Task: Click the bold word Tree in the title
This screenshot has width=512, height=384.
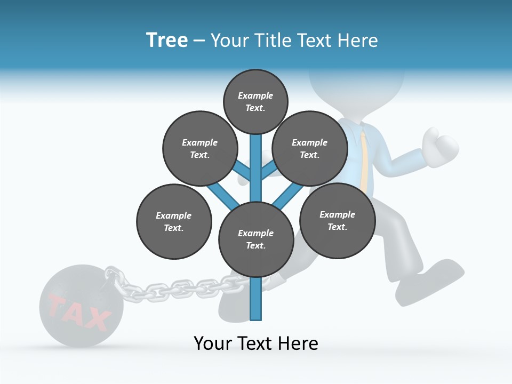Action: pyautogui.click(x=167, y=40)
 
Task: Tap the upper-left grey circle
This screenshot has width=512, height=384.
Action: pyautogui.click(x=199, y=148)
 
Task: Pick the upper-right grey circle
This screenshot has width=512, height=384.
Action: pyautogui.click(x=310, y=148)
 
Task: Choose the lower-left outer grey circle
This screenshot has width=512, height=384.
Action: pyautogui.click(x=174, y=221)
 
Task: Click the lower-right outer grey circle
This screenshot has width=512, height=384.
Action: pyautogui.click(x=337, y=220)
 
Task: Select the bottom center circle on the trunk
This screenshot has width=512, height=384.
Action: pyautogui.click(x=256, y=239)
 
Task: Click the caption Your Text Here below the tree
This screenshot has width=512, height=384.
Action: pyautogui.click(x=256, y=343)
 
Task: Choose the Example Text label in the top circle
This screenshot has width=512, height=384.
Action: pyautogui.click(x=255, y=101)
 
